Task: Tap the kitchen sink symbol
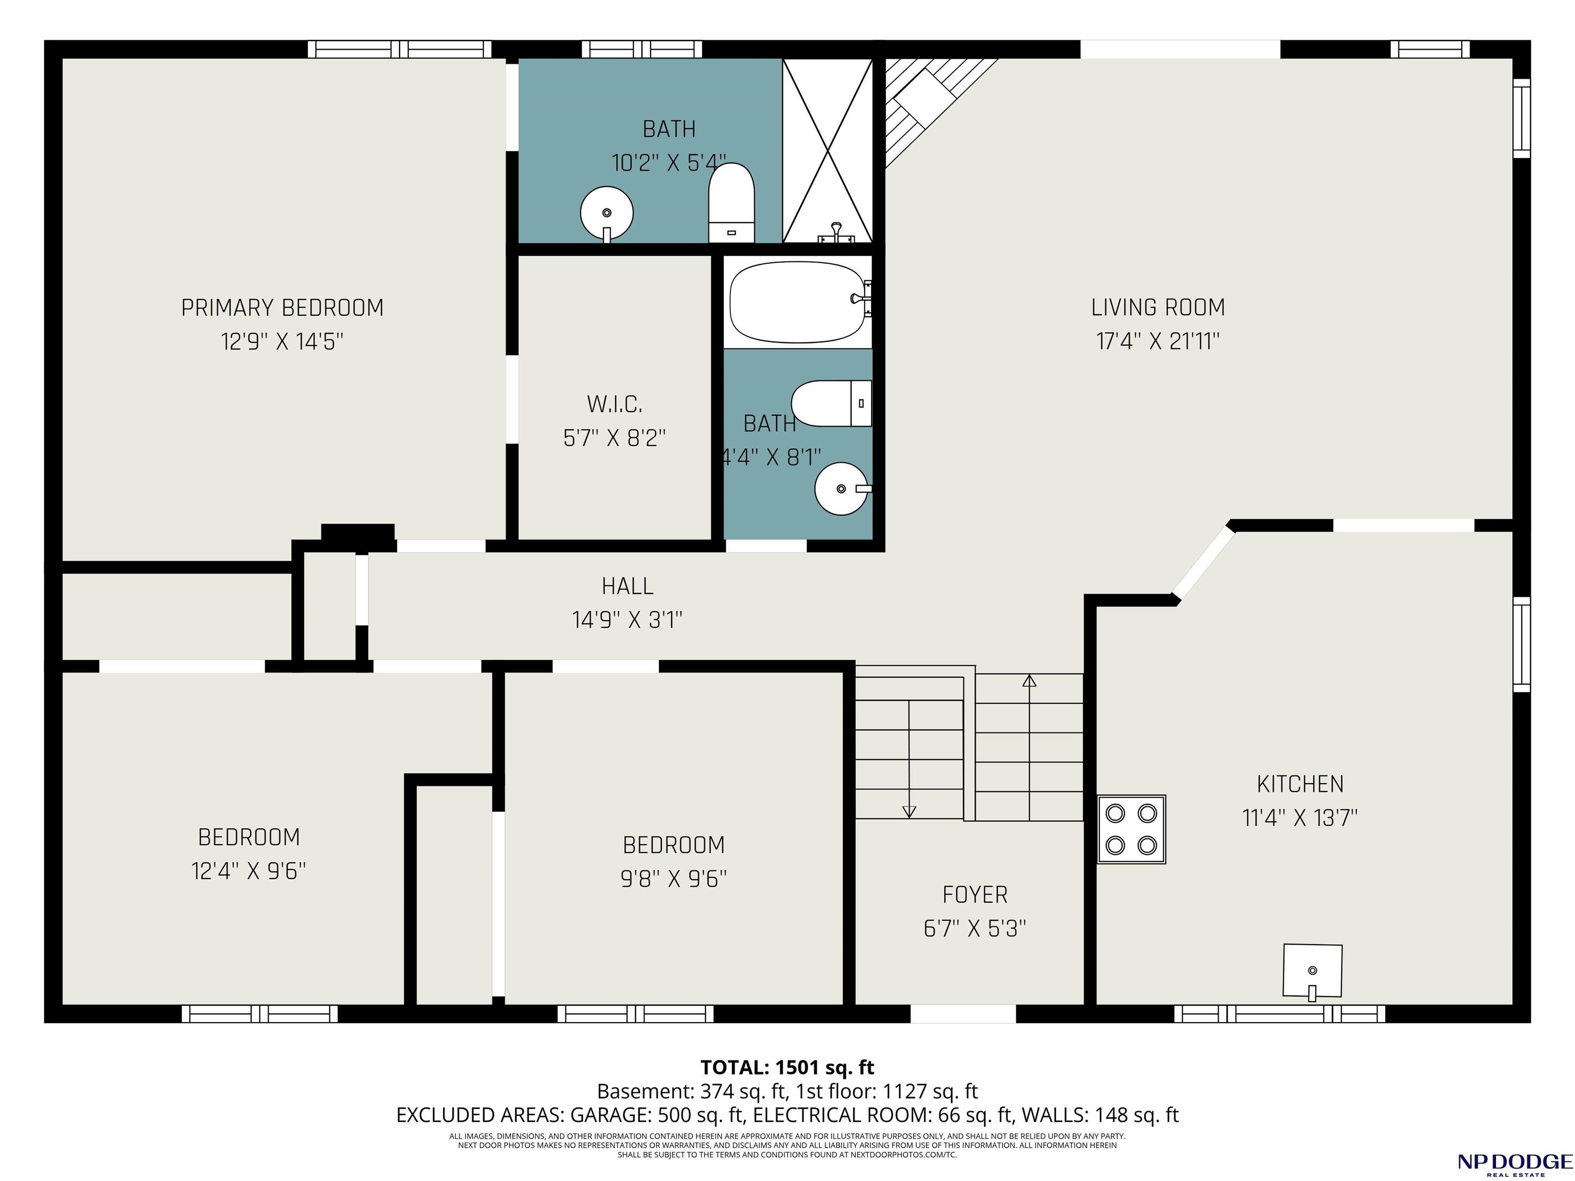click(x=1312, y=971)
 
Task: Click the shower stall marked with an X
click(x=827, y=151)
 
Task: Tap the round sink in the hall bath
click(x=842, y=488)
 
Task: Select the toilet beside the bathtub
click(x=832, y=403)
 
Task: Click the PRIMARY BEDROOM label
click(x=282, y=308)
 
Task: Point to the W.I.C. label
click(x=615, y=404)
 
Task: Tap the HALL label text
click(x=628, y=586)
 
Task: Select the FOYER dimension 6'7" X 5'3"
click(x=975, y=928)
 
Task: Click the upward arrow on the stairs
click(x=1029, y=747)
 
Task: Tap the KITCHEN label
click(x=1300, y=784)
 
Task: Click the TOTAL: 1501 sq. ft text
click(x=787, y=1067)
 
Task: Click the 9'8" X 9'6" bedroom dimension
click(x=674, y=879)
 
